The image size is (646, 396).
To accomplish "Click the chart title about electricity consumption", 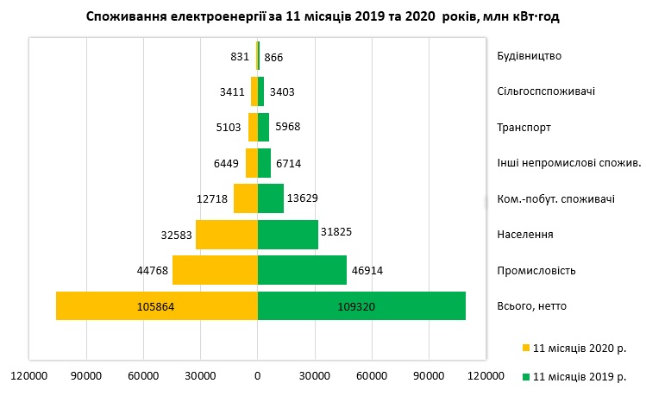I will click(x=329, y=16).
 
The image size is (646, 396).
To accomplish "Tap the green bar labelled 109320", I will click(x=361, y=306).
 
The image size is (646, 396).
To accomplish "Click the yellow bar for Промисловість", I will click(x=215, y=270).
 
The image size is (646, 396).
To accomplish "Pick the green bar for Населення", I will click(x=287, y=235).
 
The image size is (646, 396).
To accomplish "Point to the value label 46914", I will click(x=367, y=270).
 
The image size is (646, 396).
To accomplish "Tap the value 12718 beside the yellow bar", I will click(x=212, y=198).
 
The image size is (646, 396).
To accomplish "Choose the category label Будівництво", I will click(x=530, y=56).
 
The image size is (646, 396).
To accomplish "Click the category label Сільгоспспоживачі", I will click(x=546, y=91).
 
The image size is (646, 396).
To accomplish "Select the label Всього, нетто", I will click(x=532, y=306).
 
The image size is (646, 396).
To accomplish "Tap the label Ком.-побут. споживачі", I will click(x=556, y=199).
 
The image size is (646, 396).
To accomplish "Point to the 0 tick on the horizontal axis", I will click(x=257, y=375).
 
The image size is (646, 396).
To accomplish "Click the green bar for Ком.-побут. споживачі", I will click(x=270, y=198).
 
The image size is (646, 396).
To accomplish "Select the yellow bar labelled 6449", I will click(x=252, y=163).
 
